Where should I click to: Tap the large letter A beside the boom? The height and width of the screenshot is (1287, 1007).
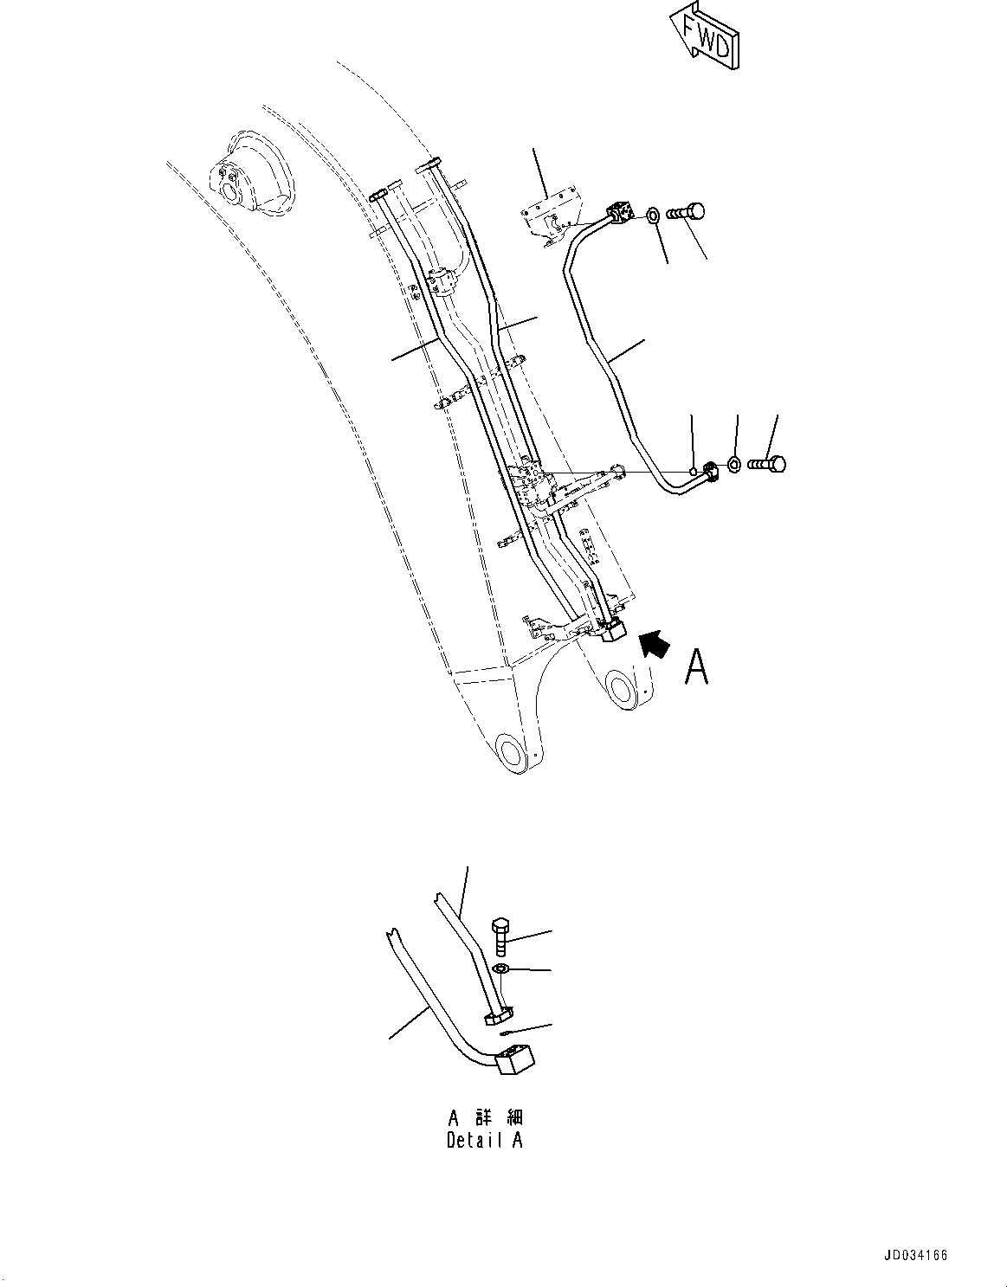coord(696,667)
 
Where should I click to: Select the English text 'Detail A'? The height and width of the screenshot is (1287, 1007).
coord(484,1140)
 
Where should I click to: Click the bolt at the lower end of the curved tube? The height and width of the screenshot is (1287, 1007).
coord(767,464)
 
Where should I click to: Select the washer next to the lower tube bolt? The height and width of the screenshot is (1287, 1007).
coord(733,465)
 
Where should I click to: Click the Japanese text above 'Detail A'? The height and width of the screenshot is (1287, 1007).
coord(484,1119)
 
